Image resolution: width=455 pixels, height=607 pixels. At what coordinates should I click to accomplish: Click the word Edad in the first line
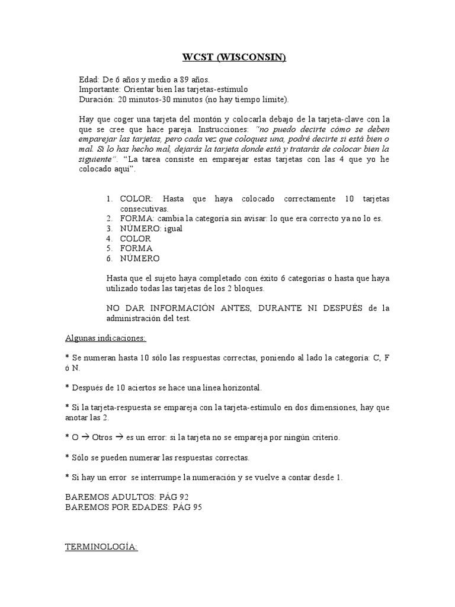point(89,79)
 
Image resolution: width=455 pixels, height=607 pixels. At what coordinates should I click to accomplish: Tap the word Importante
point(100,89)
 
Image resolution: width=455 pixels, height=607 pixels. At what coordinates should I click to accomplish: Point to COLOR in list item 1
point(136,199)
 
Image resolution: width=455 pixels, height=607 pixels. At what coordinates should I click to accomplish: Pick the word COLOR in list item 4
point(136,238)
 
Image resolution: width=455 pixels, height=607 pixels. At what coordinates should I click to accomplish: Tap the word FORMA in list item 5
point(136,248)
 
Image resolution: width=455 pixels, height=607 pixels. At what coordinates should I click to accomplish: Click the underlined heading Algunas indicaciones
point(105,338)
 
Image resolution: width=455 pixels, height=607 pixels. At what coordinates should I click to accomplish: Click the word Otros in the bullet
point(102,437)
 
